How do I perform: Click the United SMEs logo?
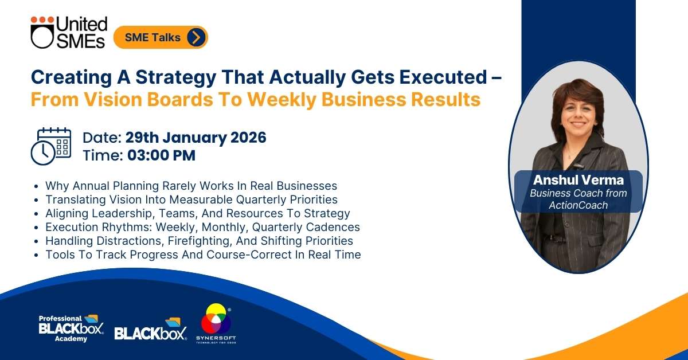pyautogui.click(x=69, y=32)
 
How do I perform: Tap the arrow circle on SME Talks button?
pyautogui.click(x=196, y=37)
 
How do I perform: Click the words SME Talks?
pyautogui.click(x=153, y=37)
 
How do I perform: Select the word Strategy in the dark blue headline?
pyautogui.click(x=176, y=77)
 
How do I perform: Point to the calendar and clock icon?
pyautogui.click(x=51, y=146)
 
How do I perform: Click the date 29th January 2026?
pyautogui.click(x=196, y=138)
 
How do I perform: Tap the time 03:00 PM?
pyautogui.click(x=161, y=155)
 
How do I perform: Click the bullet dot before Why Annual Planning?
pyautogui.click(x=36, y=186)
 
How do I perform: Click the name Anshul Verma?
pyautogui.click(x=578, y=180)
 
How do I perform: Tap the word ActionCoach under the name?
pyautogui.click(x=578, y=205)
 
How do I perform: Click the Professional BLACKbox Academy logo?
pyautogui.click(x=71, y=328)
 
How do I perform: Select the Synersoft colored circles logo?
pyautogui.click(x=216, y=323)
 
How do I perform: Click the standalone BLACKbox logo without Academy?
pyautogui.click(x=150, y=329)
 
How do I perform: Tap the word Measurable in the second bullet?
pyautogui.click(x=201, y=199)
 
